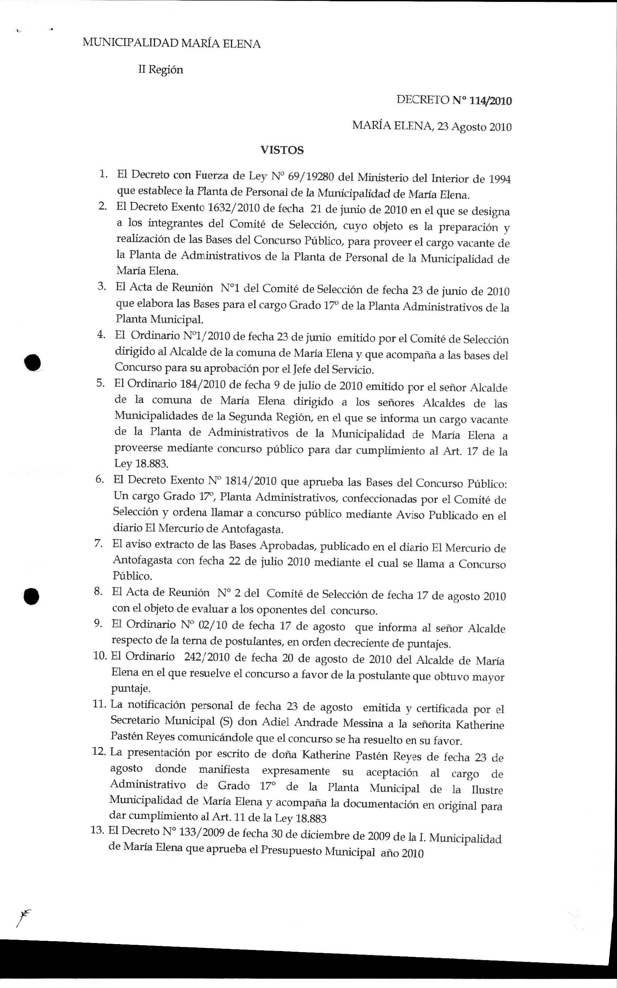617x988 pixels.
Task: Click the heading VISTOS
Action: coord(282,150)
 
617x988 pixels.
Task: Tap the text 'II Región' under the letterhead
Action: coord(160,70)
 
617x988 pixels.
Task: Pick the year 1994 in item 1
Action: coord(499,179)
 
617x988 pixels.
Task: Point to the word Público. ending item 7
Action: coord(132,576)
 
